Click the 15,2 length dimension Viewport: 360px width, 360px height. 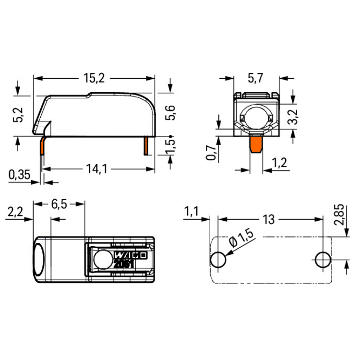(94, 78)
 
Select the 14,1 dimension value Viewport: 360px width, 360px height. (96, 169)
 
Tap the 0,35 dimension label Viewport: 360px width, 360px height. (19, 175)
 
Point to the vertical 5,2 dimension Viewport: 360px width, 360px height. (18, 115)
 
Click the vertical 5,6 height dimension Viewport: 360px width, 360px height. (170, 113)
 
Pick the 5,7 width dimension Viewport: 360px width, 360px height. (255, 78)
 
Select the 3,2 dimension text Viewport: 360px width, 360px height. (293, 117)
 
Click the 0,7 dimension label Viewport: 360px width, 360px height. (211, 153)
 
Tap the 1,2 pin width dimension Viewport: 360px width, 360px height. (279, 163)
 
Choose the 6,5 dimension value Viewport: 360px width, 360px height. (59, 204)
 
